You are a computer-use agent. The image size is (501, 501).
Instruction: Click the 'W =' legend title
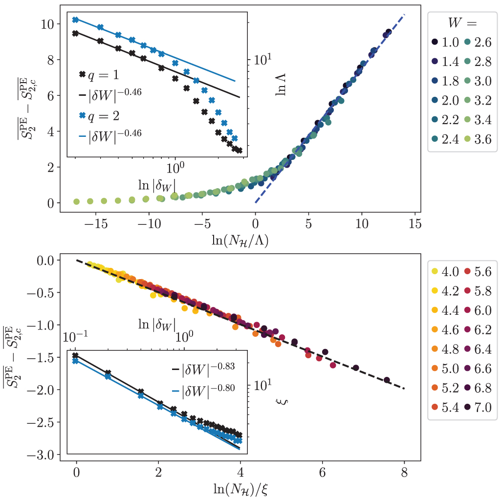tap(462, 22)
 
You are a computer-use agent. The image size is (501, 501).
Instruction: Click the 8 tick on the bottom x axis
tap(404, 472)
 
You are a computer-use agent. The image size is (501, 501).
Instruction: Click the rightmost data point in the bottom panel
tap(387, 380)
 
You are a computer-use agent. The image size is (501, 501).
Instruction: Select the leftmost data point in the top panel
tap(76, 201)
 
